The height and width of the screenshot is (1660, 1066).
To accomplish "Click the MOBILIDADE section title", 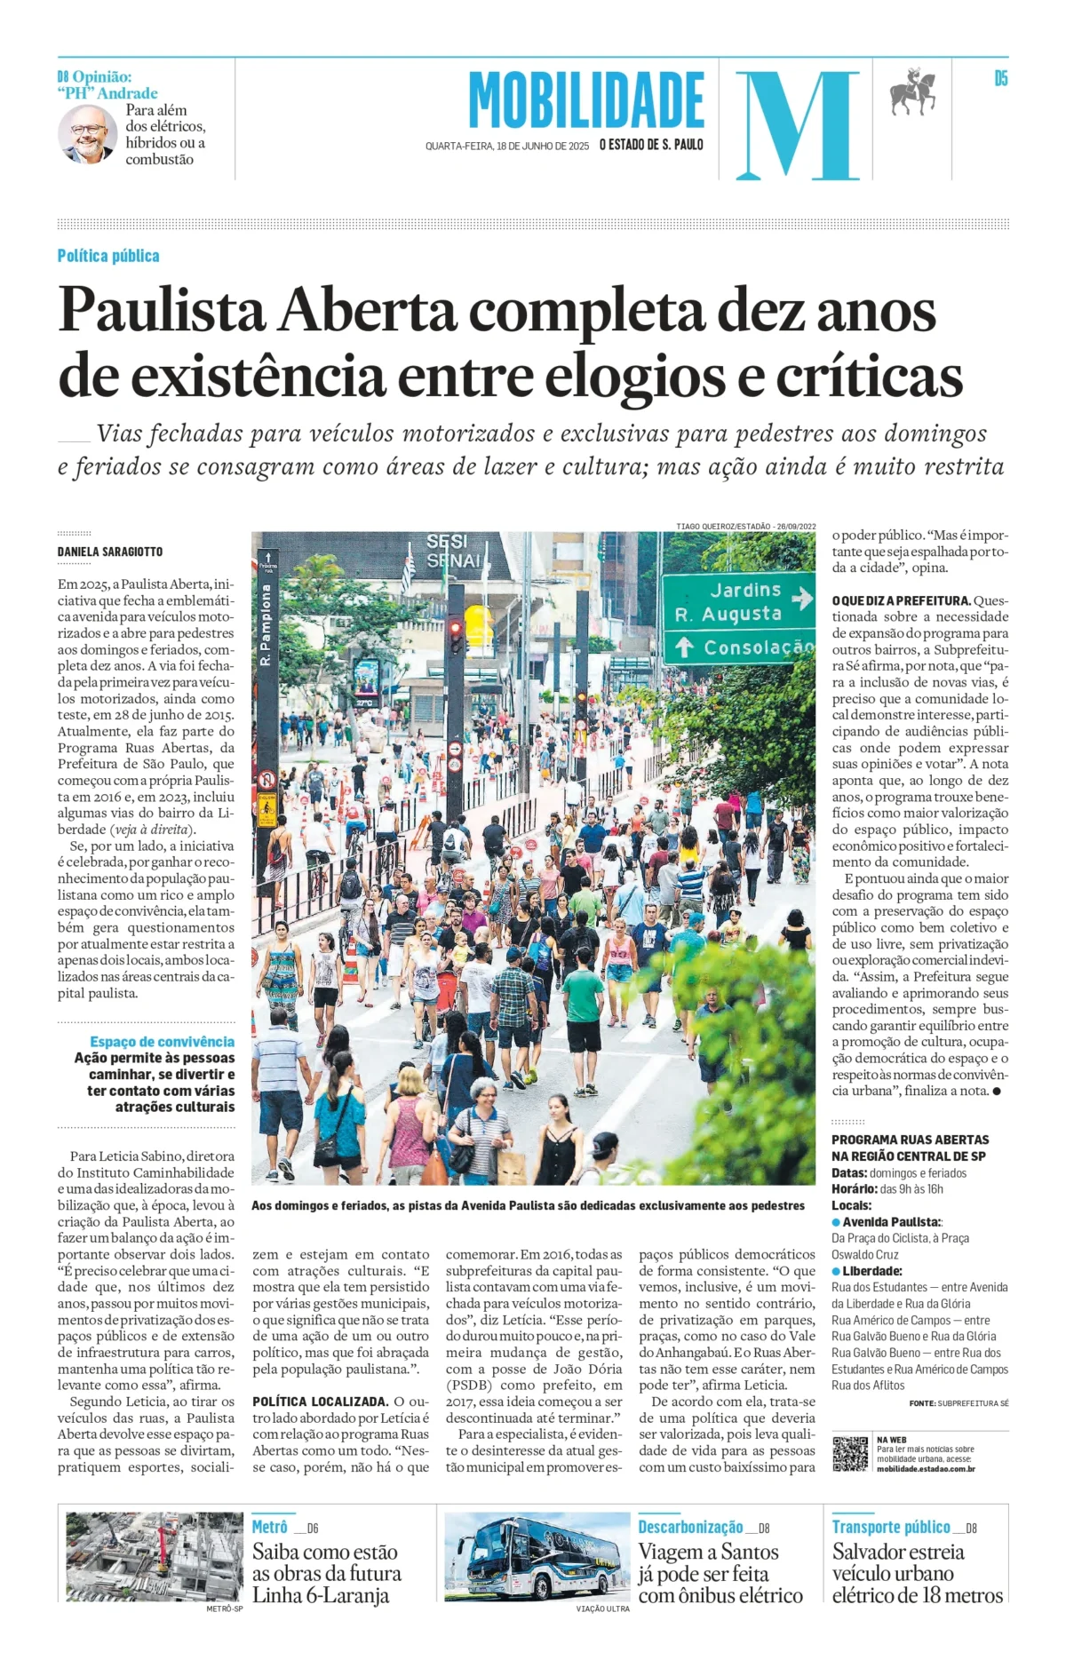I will click(586, 100).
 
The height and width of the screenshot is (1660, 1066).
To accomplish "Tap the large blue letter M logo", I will click(797, 124).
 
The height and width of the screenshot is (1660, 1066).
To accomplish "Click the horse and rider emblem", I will click(913, 91).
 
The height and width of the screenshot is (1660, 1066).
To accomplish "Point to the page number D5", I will click(1000, 79).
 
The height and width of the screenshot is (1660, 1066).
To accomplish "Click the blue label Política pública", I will click(108, 256).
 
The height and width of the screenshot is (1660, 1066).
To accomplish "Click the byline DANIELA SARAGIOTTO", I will click(110, 552).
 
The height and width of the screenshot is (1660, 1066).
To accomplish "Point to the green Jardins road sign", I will click(738, 617).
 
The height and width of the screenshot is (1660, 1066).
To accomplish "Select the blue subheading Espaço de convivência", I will click(162, 1042).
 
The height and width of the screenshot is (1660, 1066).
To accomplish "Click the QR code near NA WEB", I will click(850, 1453).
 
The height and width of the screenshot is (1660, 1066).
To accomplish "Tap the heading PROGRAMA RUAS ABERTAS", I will click(910, 1140).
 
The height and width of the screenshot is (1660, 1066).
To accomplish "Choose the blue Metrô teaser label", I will click(269, 1527).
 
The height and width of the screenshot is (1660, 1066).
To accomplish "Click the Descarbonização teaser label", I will click(690, 1527).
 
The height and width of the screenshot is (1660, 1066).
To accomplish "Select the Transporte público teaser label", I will click(891, 1527).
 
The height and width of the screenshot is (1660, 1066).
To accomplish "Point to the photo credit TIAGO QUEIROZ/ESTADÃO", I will click(745, 526).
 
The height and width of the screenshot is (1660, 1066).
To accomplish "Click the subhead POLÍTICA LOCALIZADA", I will click(320, 1402).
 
